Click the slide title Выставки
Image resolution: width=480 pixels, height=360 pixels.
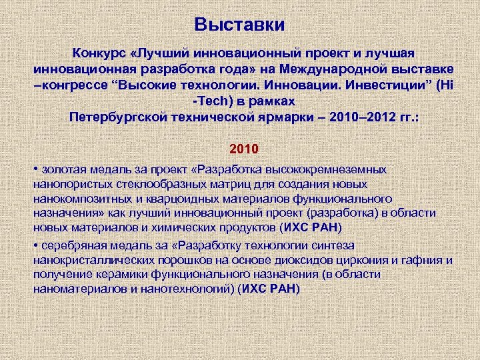239,25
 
